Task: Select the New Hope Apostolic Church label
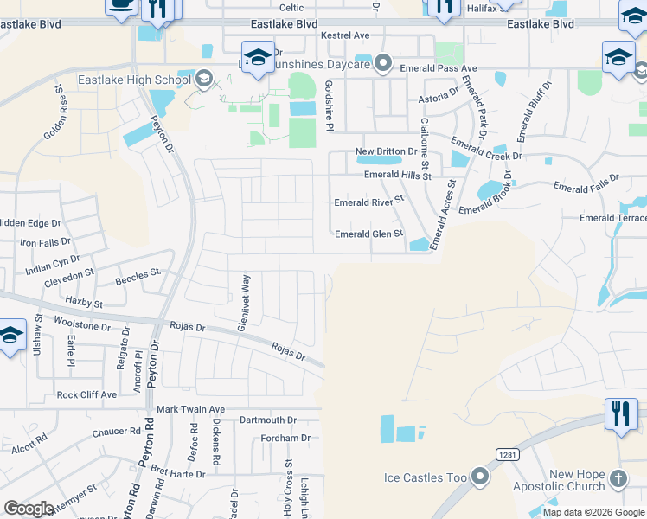pyautogui.click(x=577, y=480)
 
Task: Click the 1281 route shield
pyautogui.click(x=507, y=453)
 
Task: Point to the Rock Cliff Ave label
pyautogui.click(x=86, y=394)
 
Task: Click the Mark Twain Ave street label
pyautogui.click(x=190, y=409)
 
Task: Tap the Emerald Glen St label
pyautogui.click(x=369, y=234)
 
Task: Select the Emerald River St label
pyautogui.click(x=369, y=202)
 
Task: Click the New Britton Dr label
pyautogui.click(x=387, y=151)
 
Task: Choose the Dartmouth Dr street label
pyautogui.click(x=268, y=420)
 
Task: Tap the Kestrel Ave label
pyautogui.click(x=344, y=35)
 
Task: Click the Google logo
pyautogui.click(x=29, y=508)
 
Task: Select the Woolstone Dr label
pyautogui.click(x=82, y=327)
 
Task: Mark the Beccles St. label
pyautogui.click(x=138, y=276)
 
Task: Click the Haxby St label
pyautogui.click(x=84, y=304)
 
